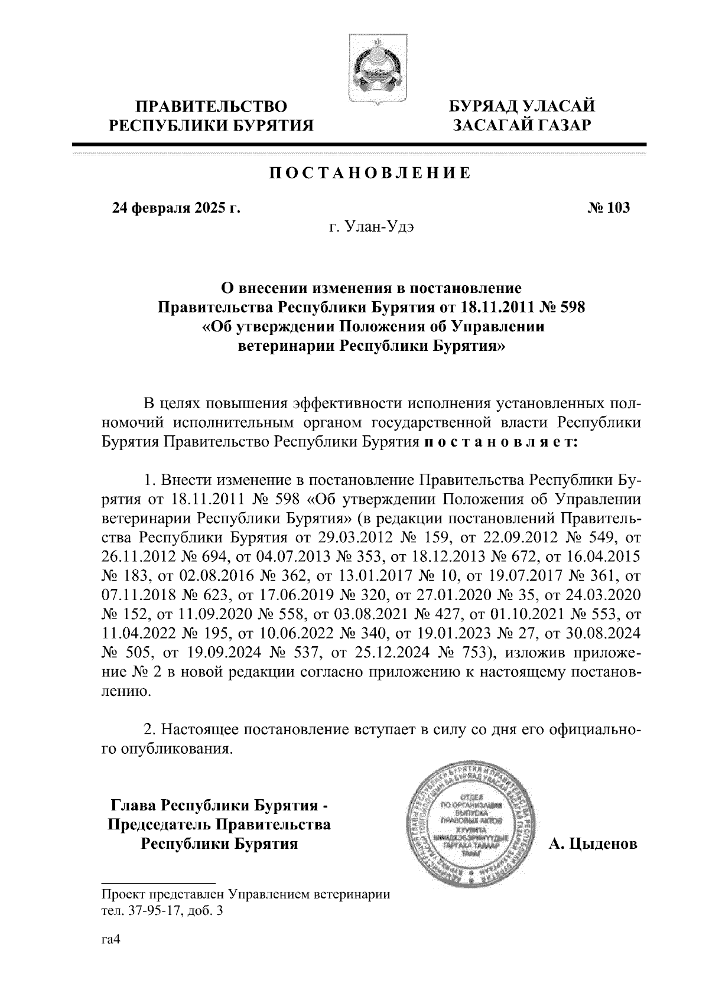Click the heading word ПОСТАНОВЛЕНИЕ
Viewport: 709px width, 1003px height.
[370, 173]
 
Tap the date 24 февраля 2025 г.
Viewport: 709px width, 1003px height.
[177, 208]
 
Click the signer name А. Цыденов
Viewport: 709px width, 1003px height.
[593, 844]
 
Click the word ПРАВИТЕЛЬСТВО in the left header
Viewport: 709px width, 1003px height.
[212, 106]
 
